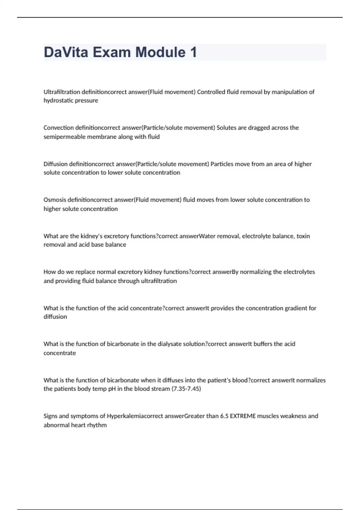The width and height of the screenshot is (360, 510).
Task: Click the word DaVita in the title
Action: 66,52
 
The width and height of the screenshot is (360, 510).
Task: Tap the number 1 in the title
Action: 193,52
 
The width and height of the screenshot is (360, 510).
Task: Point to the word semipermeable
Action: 64,137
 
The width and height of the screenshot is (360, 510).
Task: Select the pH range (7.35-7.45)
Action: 186,389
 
